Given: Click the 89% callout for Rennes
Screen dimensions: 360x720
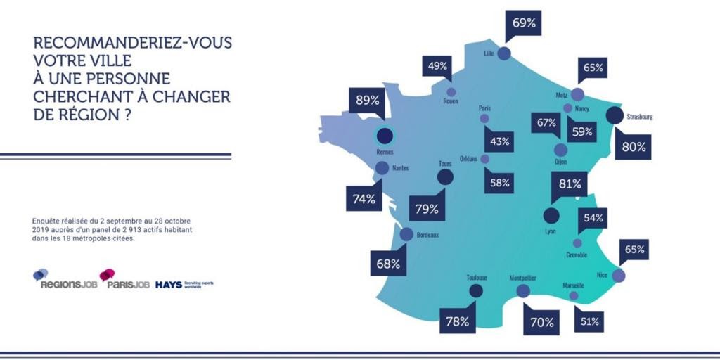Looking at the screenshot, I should pos(368,101).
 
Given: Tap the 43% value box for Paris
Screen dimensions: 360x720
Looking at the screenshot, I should pos(500,141).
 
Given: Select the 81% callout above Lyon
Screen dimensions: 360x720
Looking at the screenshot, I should pos(570,184).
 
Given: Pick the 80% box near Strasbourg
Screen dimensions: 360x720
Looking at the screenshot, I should pos(631,148).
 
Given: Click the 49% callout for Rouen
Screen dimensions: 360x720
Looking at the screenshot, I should pos(438,66).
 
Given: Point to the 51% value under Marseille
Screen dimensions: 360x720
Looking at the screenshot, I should pos(589,321).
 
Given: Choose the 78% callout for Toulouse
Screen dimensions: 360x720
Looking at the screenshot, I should pos(458,322).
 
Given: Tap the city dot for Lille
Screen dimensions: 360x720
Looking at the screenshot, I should pos(504,53).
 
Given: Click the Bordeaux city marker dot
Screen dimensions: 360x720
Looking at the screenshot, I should pos(406,235).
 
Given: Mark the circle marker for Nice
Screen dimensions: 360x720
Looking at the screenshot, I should pos(619,276).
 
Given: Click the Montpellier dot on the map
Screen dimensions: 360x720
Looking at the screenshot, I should pos(522,290).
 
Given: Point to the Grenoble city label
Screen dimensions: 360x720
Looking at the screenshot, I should pos(577,255).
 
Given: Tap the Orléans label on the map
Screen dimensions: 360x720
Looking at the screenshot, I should pos(468,159).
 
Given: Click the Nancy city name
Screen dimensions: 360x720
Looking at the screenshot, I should pos(581,109).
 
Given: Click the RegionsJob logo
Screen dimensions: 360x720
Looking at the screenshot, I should pos(65,280).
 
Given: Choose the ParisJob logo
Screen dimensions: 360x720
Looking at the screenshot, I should pos(125,280).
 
